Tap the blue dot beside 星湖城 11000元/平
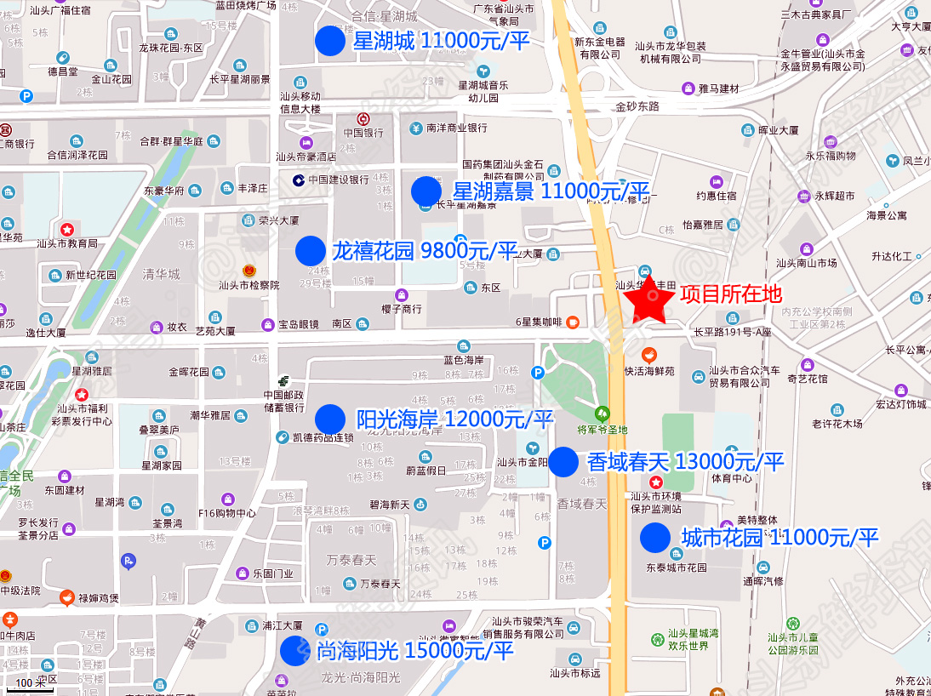[x=330, y=41]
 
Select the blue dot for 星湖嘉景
[x=426, y=191]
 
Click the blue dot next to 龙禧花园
[x=311, y=251]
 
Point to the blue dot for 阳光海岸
[x=330, y=419]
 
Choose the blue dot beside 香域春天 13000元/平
[x=563, y=462]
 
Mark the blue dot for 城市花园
[x=655, y=538]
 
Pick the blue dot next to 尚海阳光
[x=295, y=651]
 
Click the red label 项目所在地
[x=730, y=294]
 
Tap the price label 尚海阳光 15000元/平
[x=415, y=651]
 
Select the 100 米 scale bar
[x=30, y=683]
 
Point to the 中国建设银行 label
[x=338, y=180]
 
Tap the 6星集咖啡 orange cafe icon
[x=574, y=322]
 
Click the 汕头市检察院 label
[x=248, y=285]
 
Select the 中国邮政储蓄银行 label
[x=283, y=401]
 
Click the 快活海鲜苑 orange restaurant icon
[x=648, y=354]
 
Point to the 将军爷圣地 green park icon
[x=603, y=414]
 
